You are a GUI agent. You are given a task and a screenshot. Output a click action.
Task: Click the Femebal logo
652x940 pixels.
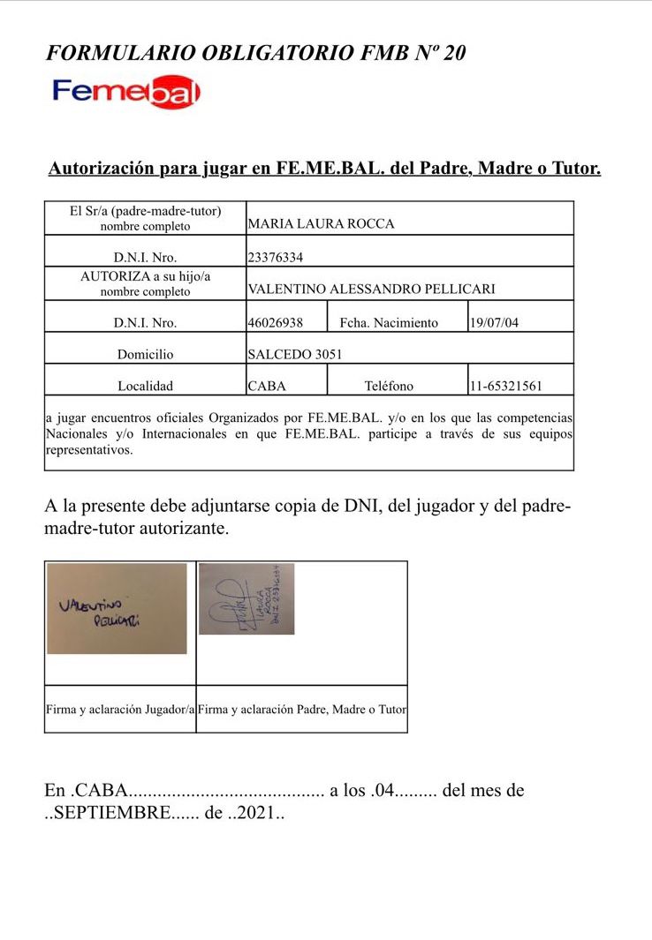[126, 92]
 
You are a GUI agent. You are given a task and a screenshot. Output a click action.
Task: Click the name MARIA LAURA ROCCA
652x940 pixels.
[321, 224]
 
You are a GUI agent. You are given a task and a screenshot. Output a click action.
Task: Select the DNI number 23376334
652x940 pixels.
[281, 258]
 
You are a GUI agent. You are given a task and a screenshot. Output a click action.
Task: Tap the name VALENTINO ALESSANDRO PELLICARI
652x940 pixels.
[371, 290]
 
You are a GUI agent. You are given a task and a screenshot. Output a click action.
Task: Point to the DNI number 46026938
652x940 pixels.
[276, 323]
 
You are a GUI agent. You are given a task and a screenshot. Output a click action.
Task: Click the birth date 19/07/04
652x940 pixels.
[494, 323]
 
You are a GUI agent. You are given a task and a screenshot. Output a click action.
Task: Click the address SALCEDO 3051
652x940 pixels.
[295, 355]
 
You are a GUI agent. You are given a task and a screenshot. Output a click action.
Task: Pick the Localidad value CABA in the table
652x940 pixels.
[267, 386]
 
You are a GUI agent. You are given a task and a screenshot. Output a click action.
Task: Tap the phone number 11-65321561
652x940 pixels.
[506, 386]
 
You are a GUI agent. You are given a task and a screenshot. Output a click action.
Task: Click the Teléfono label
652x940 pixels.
[389, 386]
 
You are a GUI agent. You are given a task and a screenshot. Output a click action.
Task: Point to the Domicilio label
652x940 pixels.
[146, 355]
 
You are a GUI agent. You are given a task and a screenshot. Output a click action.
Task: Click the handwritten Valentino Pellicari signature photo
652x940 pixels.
[117, 608]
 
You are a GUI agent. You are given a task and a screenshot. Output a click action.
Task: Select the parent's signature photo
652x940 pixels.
[246, 598]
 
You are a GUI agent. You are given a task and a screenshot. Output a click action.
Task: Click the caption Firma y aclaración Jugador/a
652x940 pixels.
[119, 709]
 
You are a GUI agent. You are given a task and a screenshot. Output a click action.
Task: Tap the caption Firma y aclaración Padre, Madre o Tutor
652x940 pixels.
[302, 709]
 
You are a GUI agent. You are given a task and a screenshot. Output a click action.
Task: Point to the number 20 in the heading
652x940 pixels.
[454, 53]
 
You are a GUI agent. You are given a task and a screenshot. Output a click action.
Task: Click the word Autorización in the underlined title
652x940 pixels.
[102, 168]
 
